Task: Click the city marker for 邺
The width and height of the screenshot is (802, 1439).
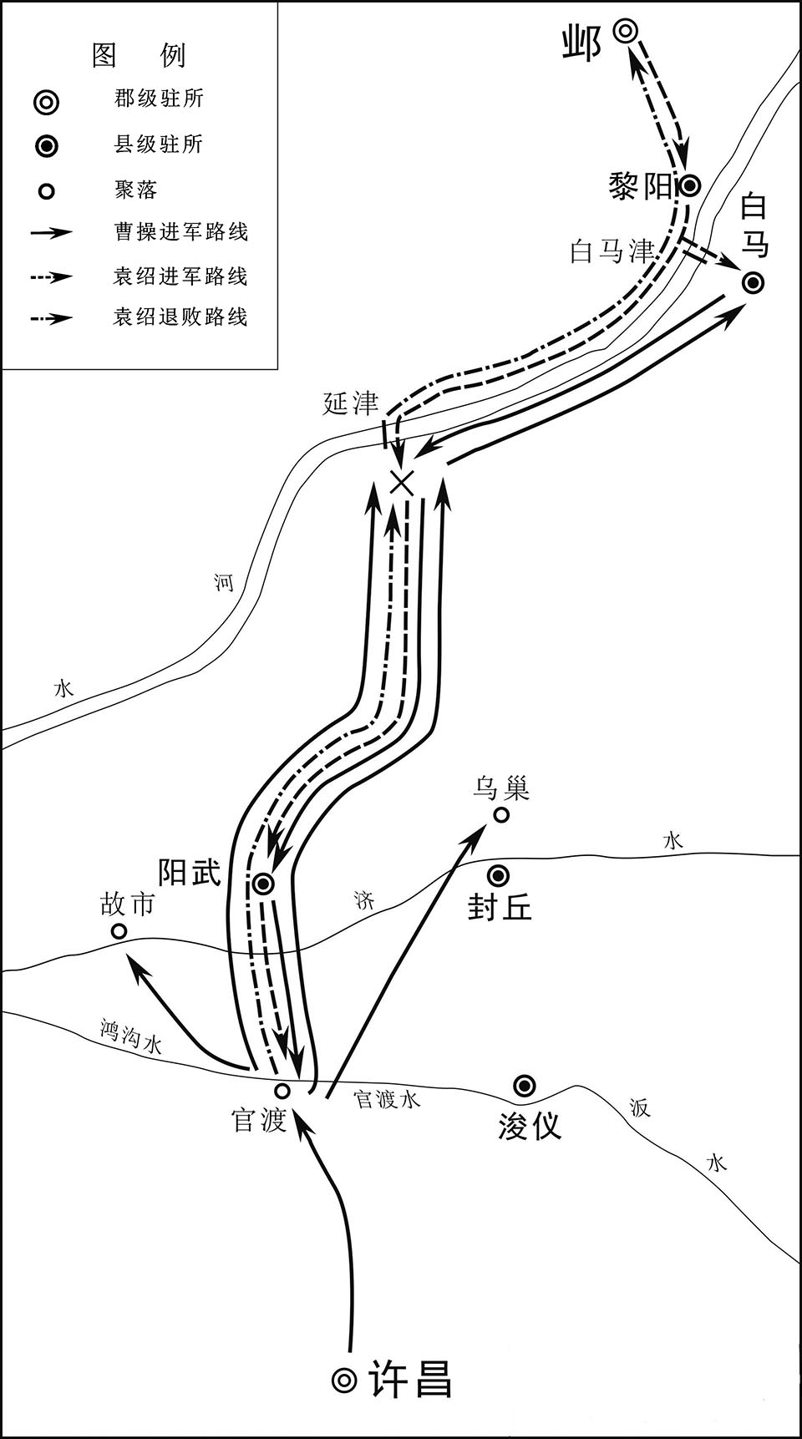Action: pos(626,32)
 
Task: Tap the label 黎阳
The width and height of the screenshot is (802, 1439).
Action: pos(641,187)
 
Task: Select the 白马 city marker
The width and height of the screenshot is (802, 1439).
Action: pos(754,283)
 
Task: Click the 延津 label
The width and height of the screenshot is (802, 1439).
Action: pos(351,403)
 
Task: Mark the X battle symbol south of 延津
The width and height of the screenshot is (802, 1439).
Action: pos(403,482)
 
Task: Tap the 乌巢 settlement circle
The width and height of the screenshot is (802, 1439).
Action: pos(501,814)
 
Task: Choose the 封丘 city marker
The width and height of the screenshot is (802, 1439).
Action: pos(499,875)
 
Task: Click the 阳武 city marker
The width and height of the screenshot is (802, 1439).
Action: pos(263,884)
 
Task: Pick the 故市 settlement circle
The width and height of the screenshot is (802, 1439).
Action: pos(119,930)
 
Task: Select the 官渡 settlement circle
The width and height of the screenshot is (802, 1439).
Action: pos(282,1091)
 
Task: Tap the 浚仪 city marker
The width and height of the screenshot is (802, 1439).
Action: pos(525,1086)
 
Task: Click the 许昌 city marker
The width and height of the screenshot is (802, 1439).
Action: pos(344,1380)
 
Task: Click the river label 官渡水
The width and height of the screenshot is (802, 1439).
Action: pos(388,1098)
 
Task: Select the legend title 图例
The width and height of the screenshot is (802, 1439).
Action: pos(138,55)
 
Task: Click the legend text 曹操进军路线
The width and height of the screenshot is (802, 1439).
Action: pos(181,231)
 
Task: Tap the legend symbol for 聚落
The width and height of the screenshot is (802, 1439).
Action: pos(47,191)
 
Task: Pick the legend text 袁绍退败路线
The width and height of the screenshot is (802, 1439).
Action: pos(181,317)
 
